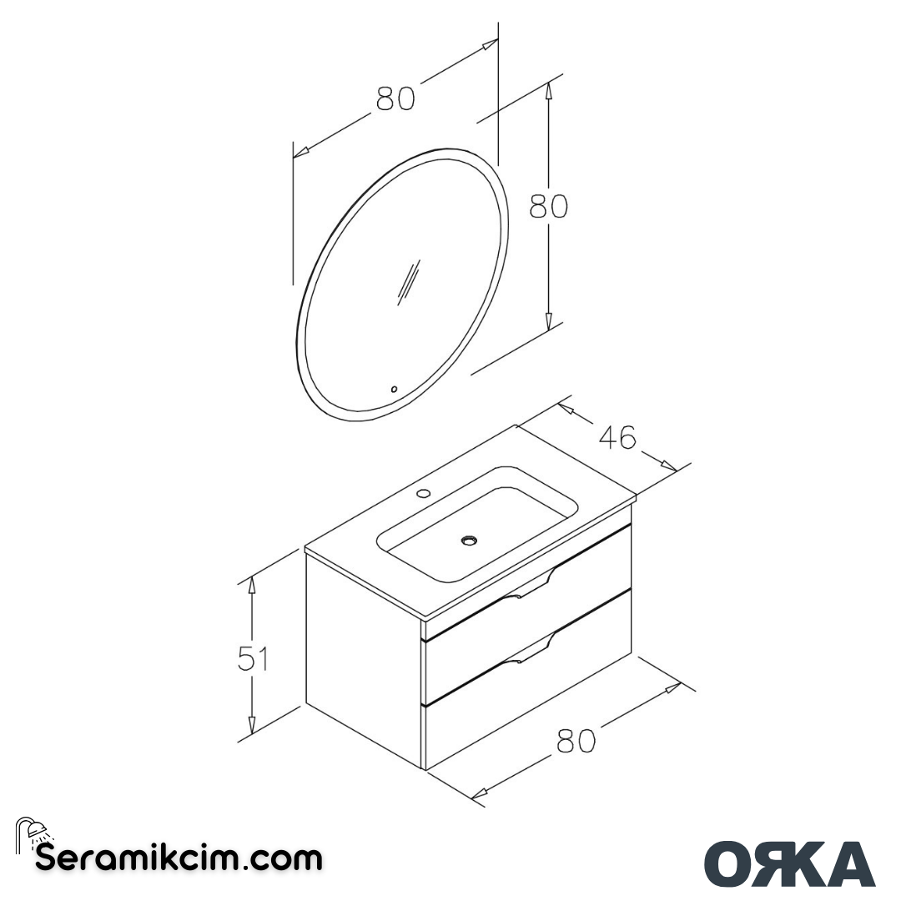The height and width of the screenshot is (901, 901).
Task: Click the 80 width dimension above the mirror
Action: point(395,98)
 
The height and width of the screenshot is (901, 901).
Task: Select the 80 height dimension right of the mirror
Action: point(548,205)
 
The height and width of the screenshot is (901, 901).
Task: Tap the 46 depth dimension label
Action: point(618,436)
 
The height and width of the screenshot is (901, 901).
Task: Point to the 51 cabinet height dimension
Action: point(253,659)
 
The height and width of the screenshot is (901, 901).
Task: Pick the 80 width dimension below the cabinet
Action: point(576,740)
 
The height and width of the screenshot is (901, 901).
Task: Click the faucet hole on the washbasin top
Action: point(424,493)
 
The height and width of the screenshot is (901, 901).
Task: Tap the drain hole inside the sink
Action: point(469,541)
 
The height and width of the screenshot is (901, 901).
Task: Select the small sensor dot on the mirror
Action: point(394,389)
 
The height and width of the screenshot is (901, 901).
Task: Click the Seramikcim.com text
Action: point(179,858)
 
